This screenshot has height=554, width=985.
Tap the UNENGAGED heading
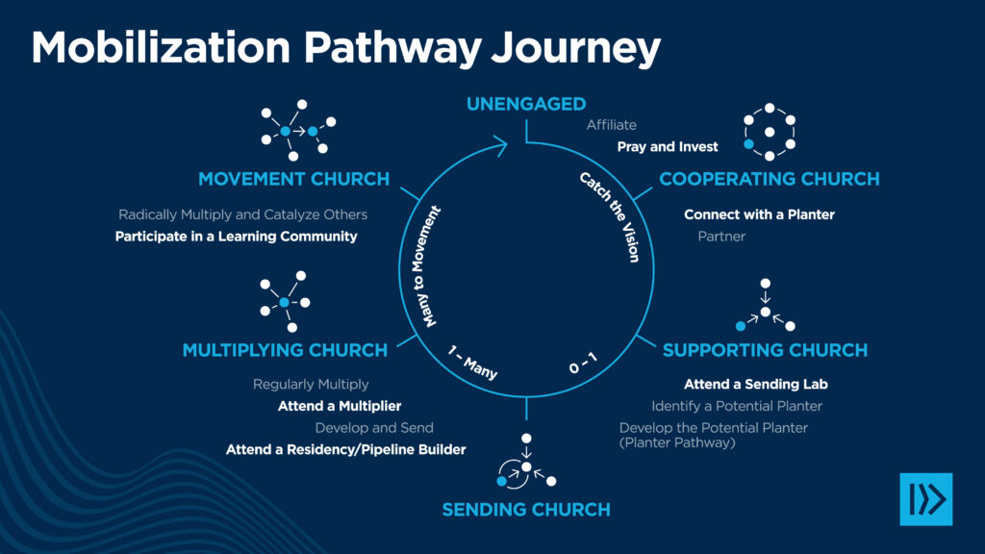(526, 104)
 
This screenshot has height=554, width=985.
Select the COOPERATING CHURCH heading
(769, 179)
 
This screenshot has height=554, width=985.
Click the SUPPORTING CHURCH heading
(765, 350)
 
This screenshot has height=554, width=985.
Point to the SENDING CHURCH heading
(525, 509)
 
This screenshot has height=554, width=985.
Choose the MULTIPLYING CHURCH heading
(285, 350)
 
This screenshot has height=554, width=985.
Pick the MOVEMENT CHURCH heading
(293, 179)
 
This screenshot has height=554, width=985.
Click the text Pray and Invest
(668, 147)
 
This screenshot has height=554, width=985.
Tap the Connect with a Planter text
(759, 214)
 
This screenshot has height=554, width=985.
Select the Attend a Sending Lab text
(756, 384)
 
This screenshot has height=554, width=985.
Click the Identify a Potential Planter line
(737, 406)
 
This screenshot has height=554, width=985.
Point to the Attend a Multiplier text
(340, 406)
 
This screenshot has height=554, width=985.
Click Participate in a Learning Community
(236, 236)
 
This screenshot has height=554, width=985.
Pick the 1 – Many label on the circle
(472, 362)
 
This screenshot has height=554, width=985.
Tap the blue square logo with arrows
(925, 499)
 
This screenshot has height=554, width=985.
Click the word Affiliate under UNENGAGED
(612, 125)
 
